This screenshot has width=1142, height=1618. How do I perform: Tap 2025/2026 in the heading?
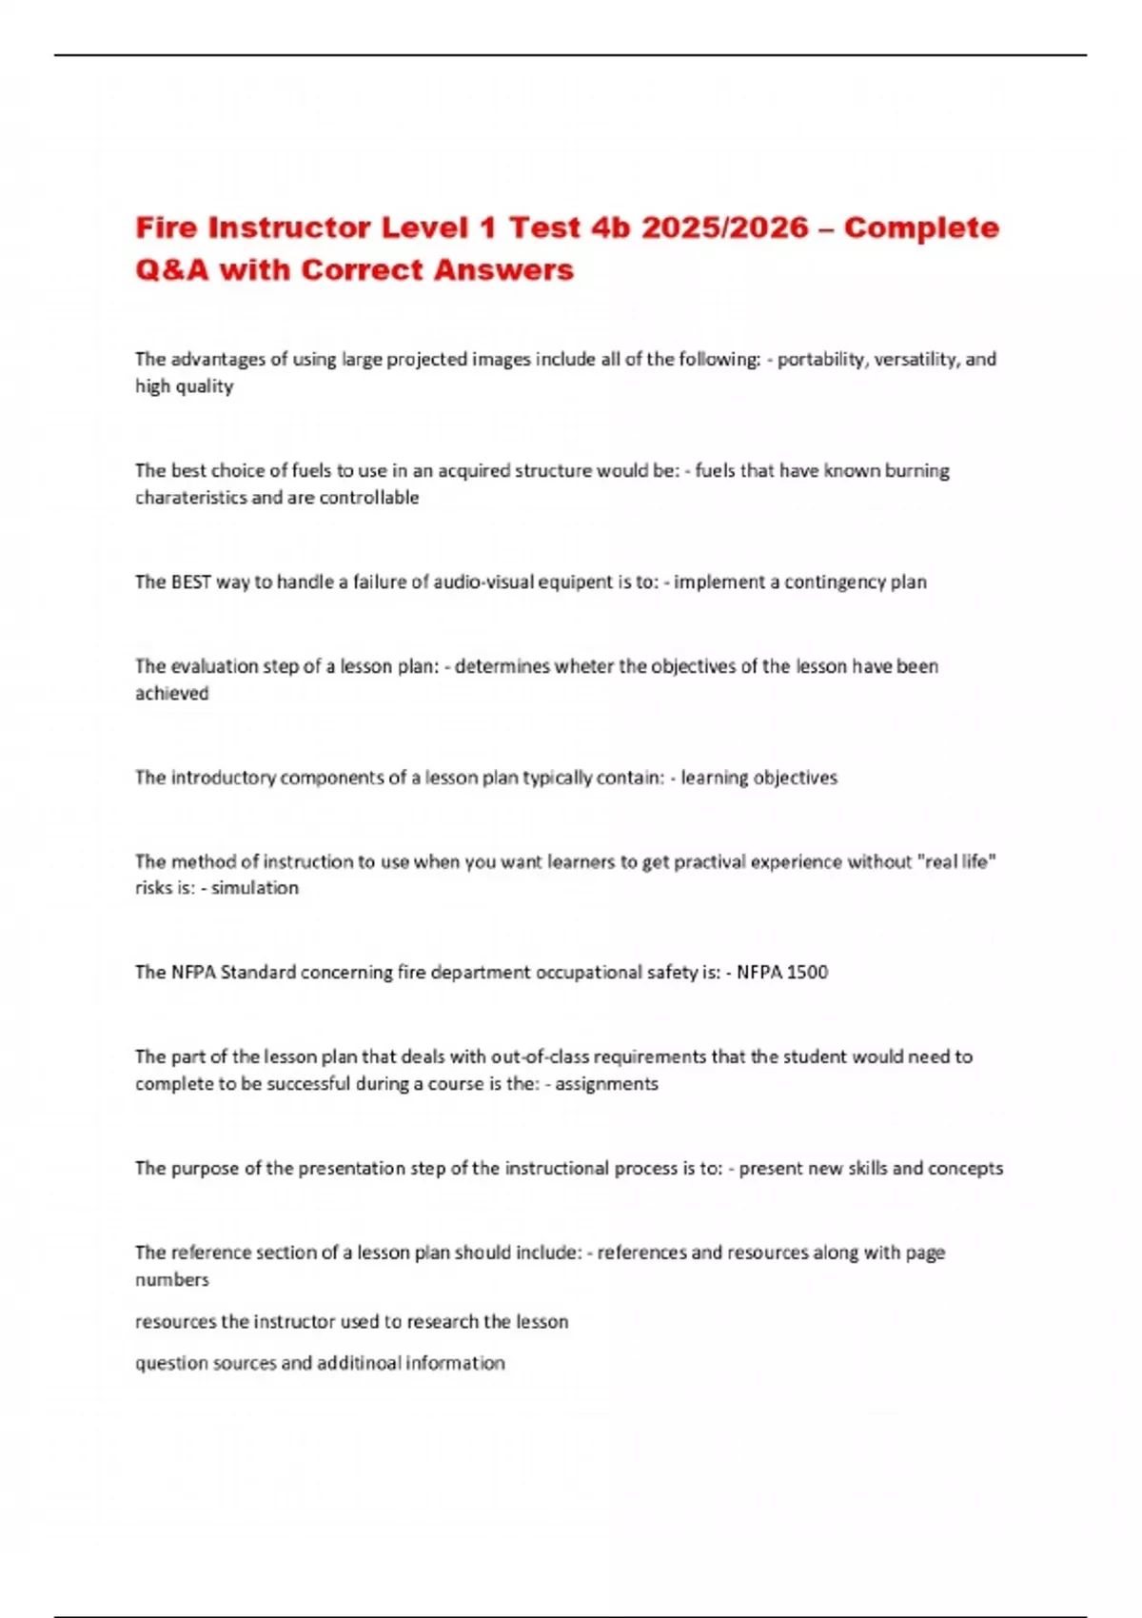pos(724,228)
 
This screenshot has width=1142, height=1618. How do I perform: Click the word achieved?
pos(171,694)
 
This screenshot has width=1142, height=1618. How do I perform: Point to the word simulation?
pos(254,888)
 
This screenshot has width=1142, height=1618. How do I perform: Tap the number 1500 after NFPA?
pos(808,973)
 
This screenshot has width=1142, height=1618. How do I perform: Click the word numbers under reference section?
pos(171,1280)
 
